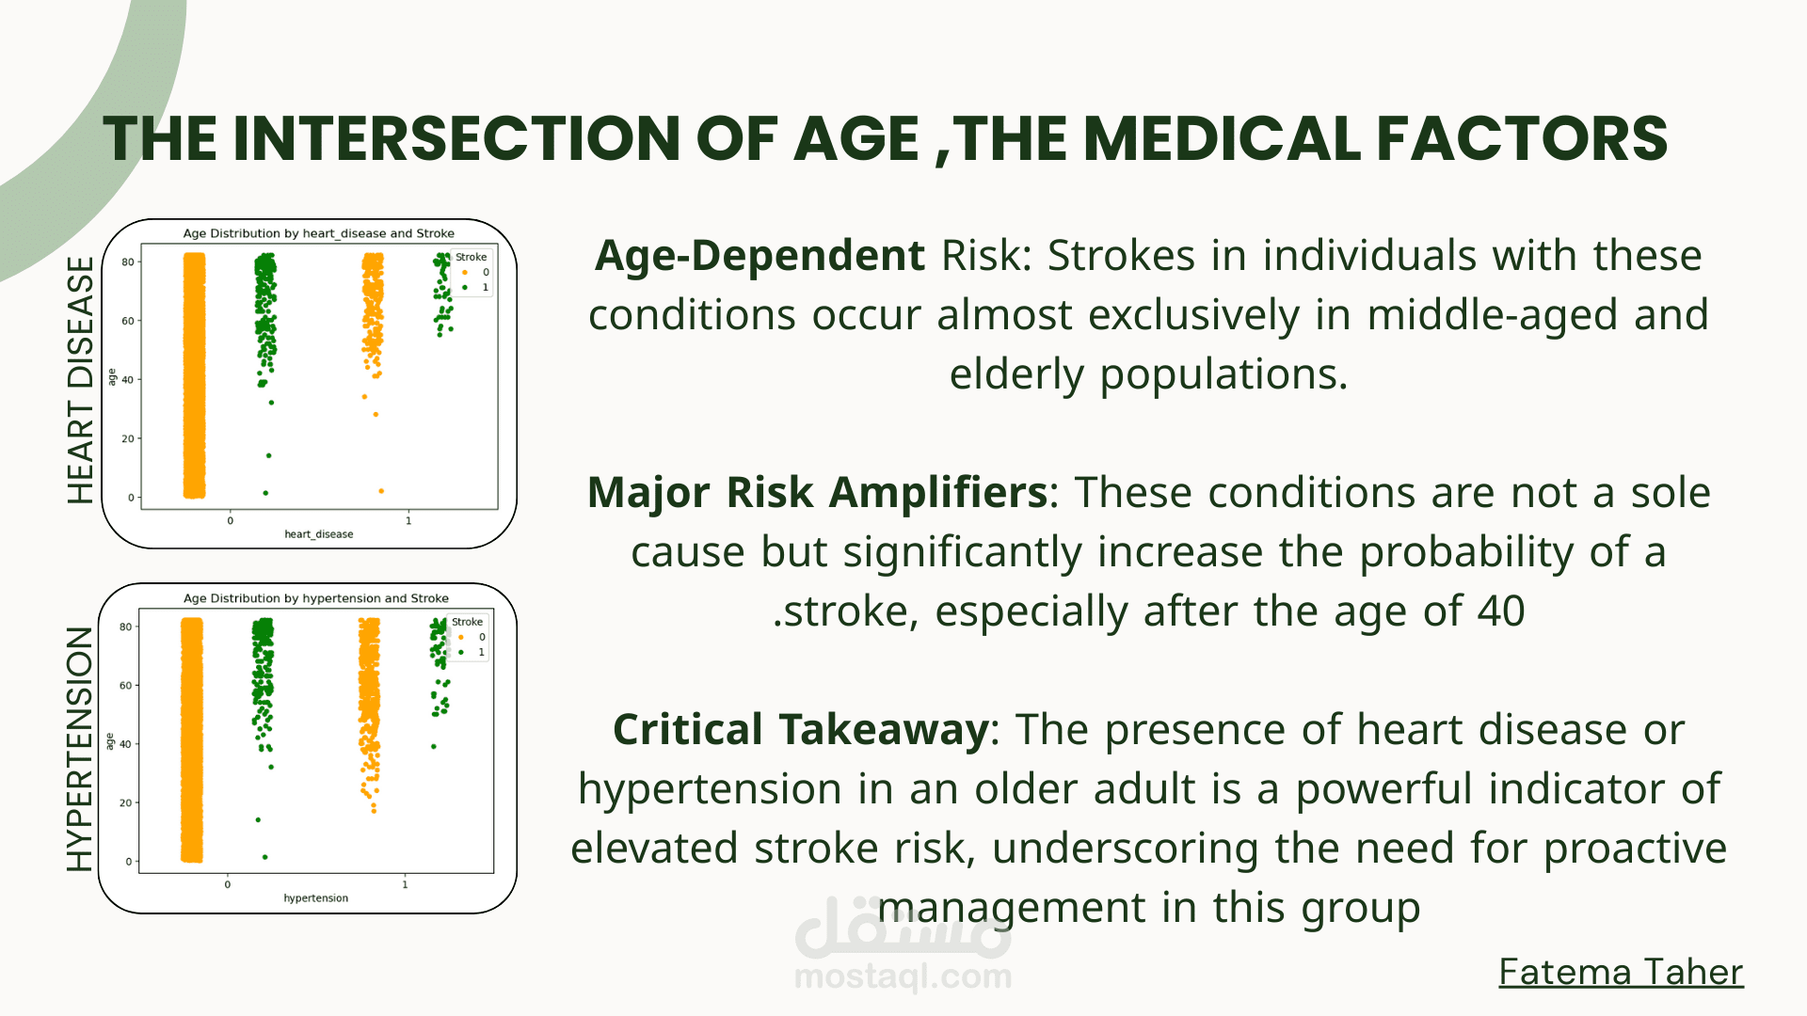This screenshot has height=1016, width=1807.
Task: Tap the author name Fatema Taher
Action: (1621, 972)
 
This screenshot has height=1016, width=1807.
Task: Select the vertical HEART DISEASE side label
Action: (81, 380)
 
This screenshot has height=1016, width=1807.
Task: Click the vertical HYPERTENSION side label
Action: (80, 749)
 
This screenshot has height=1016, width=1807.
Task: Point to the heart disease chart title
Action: (318, 233)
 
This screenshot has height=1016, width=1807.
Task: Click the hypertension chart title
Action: (315, 598)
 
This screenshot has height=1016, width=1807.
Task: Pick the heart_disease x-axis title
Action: (319, 534)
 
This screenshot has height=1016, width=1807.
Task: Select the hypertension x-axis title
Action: (315, 898)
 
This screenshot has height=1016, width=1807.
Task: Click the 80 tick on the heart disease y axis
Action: (127, 262)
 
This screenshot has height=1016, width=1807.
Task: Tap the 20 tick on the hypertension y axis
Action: (125, 802)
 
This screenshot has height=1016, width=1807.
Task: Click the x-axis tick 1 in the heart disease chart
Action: (408, 520)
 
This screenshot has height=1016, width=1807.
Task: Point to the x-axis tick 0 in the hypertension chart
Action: (227, 884)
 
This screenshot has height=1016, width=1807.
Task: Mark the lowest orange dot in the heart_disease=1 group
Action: (381, 491)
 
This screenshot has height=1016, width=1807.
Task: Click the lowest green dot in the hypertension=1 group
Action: (434, 747)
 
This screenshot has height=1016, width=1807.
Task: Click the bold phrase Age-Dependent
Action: (760, 256)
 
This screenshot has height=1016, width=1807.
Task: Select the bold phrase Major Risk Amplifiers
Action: (817, 493)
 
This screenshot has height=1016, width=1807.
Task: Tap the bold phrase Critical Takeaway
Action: (800, 730)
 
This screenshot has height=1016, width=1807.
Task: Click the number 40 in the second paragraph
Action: (1500, 611)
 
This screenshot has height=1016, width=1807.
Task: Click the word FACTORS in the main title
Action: (1522, 138)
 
